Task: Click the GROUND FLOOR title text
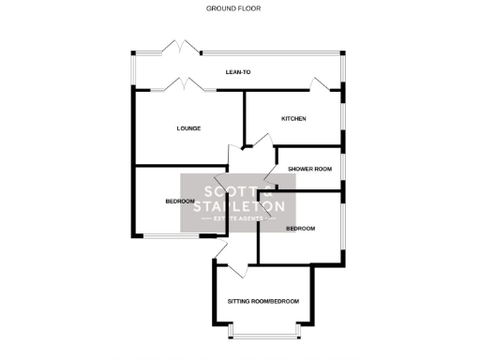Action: (233, 8)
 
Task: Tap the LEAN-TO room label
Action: (238, 72)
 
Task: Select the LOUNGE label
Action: (188, 127)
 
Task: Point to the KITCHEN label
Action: (294, 118)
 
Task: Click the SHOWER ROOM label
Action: (310, 169)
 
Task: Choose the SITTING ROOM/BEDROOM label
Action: (263, 301)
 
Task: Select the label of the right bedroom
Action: (300, 229)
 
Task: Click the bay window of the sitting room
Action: (265, 333)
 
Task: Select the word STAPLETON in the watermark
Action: (239, 205)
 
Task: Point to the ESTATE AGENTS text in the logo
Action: (239, 219)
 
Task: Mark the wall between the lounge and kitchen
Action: (245, 117)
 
